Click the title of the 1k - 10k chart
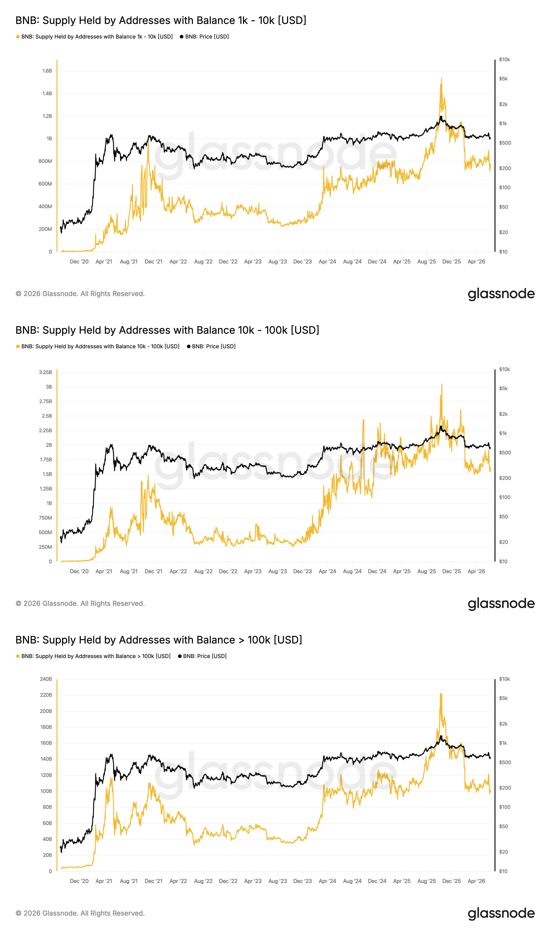coord(161,20)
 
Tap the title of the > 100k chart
coord(159,640)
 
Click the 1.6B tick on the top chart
coord(47,71)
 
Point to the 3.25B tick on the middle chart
coord(46,372)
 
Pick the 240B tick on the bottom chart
coord(46,679)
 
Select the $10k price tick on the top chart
coord(505,59)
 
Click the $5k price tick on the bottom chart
coord(503,698)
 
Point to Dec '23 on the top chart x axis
coord(303,262)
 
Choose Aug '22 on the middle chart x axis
coord(203,571)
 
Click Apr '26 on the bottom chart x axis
coord(476,881)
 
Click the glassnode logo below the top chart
coord(501,294)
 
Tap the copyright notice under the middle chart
coord(80,603)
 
